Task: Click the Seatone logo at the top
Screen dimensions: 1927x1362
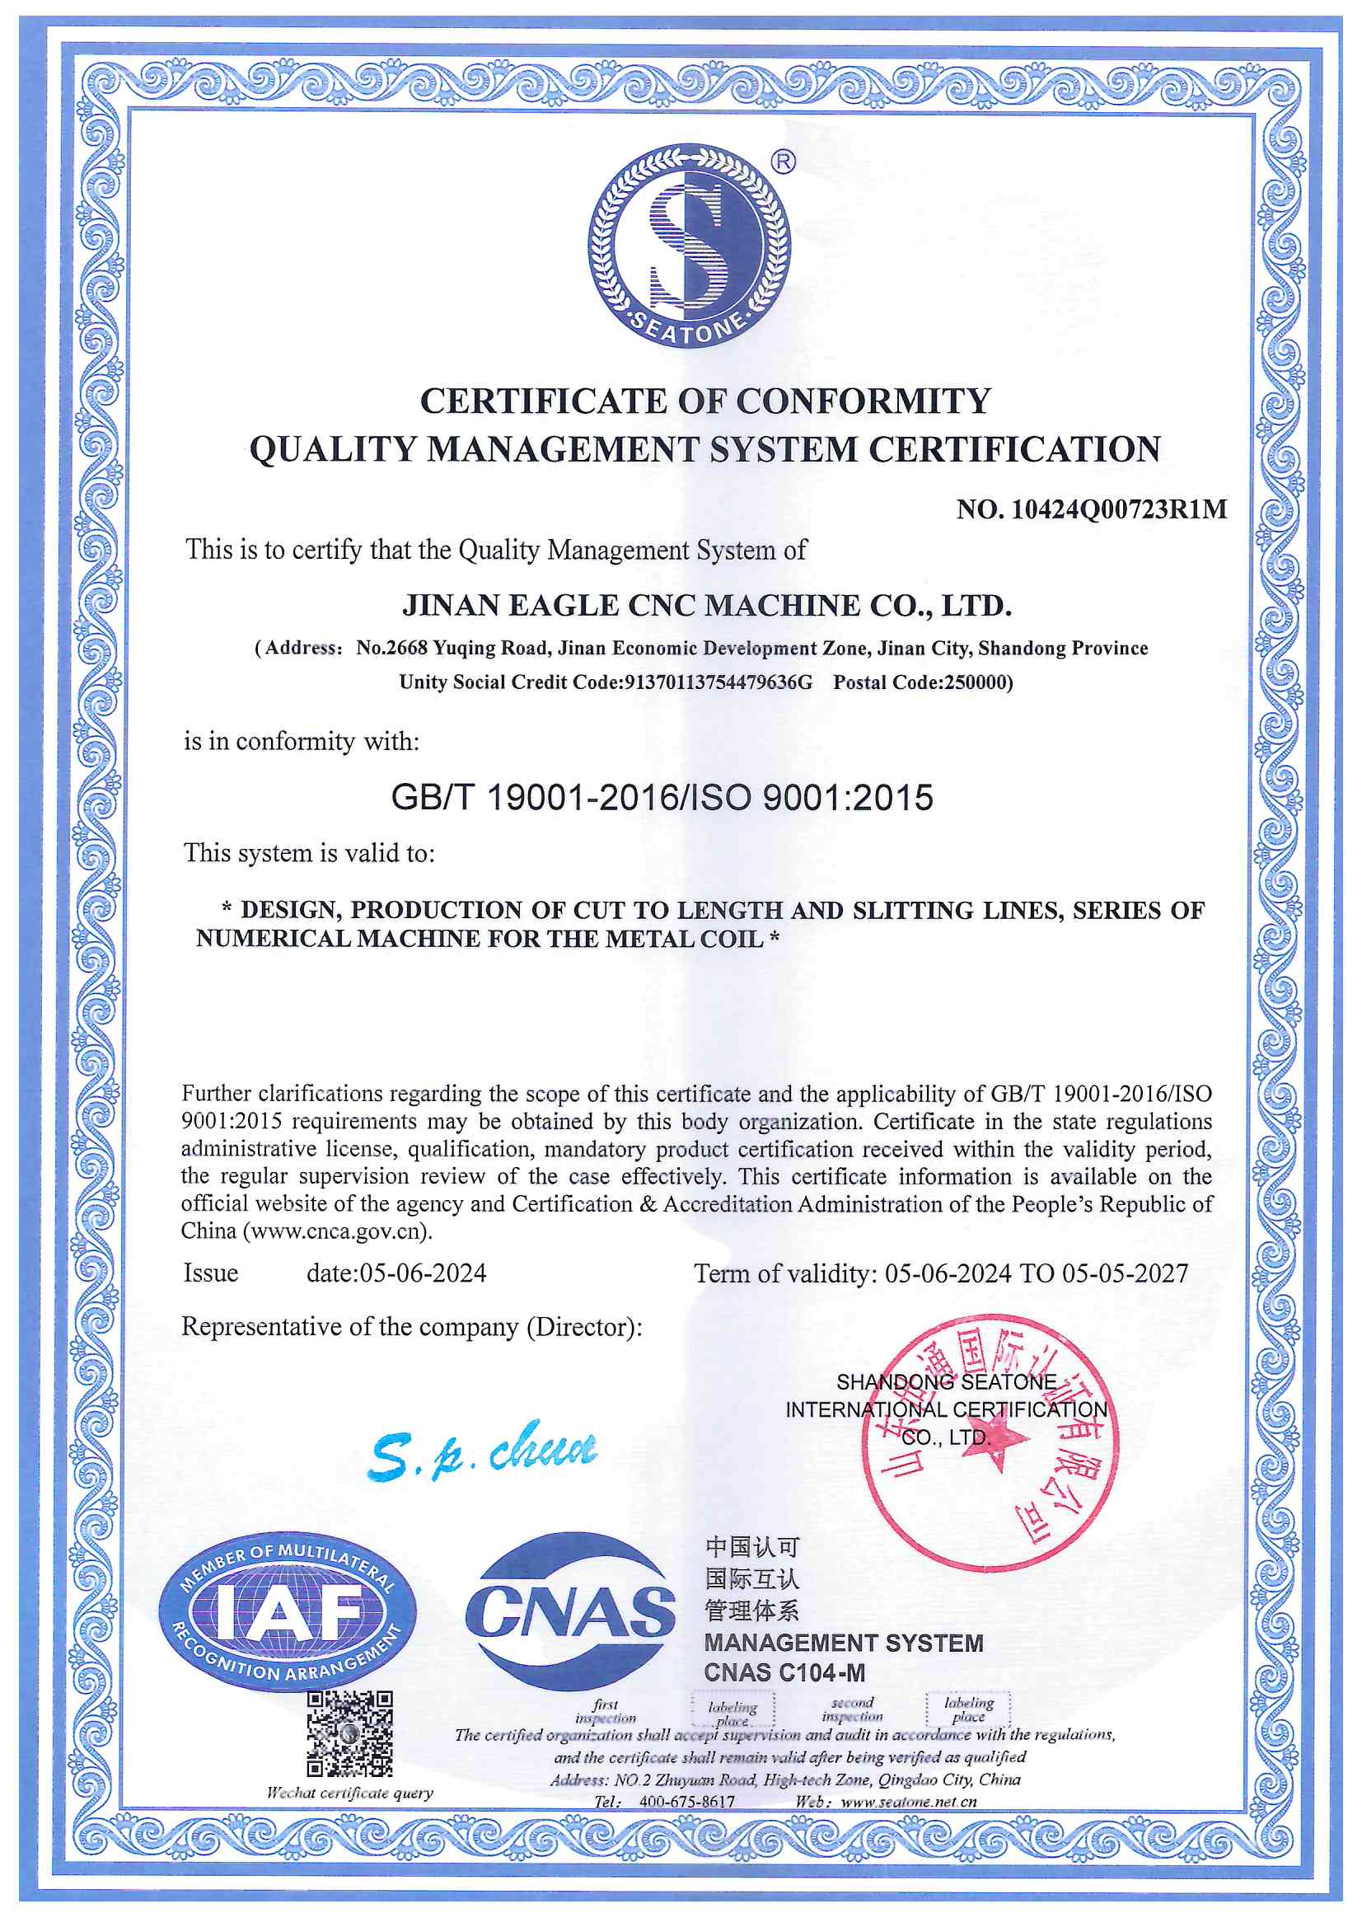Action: (x=688, y=245)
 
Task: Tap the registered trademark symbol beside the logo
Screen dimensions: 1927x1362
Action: (x=783, y=162)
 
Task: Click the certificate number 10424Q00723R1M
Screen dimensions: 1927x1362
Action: (x=1119, y=509)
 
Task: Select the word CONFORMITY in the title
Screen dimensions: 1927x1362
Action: (x=864, y=401)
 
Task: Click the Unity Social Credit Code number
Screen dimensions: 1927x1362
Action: (x=718, y=682)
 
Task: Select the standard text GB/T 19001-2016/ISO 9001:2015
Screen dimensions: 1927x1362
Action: (x=662, y=797)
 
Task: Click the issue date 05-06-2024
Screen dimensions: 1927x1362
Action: (x=422, y=1273)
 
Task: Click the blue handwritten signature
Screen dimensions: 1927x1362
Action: (x=483, y=1451)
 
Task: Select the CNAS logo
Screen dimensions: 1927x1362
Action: (x=570, y=1612)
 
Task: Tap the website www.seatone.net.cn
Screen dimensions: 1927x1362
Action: (x=909, y=1802)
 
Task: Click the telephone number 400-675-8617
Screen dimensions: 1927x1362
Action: (x=686, y=1802)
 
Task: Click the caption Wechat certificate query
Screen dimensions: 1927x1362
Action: (x=349, y=1793)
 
